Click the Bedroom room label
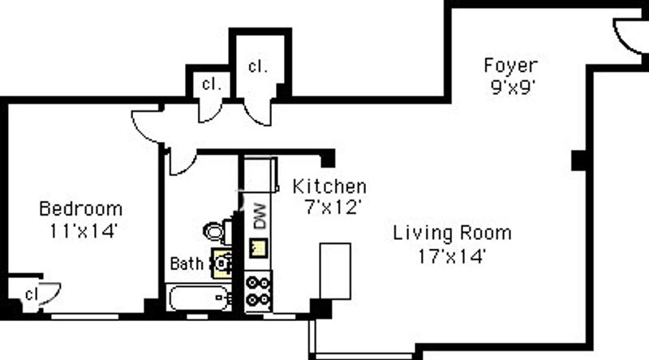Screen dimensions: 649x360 (x=80, y=208)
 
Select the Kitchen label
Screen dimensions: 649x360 (x=329, y=186)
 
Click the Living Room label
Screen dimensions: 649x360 (x=452, y=233)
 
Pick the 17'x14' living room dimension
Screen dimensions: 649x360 (x=451, y=256)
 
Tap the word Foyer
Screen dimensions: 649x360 (x=510, y=66)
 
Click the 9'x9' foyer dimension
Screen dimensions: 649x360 (x=513, y=88)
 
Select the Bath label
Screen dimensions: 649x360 (x=187, y=264)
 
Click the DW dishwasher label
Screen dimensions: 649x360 (x=260, y=216)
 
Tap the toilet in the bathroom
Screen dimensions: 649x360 (x=217, y=231)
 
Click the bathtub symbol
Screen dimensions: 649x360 (x=200, y=298)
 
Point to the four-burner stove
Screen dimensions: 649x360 (x=258, y=291)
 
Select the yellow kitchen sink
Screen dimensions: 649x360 (x=258, y=248)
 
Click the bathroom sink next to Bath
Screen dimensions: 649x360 (x=221, y=264)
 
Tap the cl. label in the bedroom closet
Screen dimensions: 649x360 (x=32, y=294)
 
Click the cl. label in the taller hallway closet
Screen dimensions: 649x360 (x=257, y=66)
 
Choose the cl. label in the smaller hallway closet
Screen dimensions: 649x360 (x=212, y=84)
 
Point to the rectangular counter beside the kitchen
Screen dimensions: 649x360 (x=335, y=272)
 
